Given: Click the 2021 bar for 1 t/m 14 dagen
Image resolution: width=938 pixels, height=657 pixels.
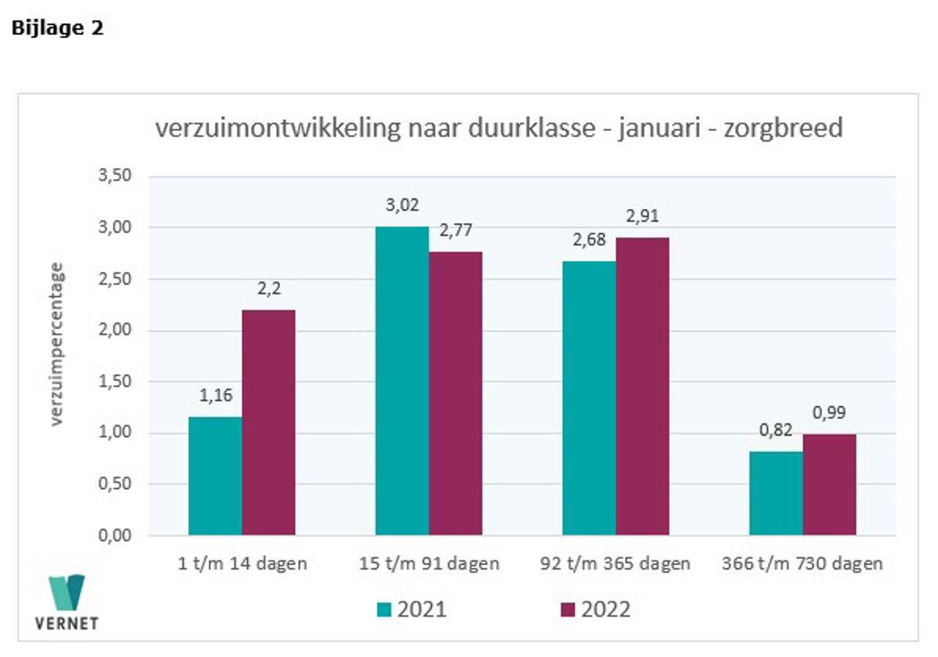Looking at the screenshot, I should tap(215, 476).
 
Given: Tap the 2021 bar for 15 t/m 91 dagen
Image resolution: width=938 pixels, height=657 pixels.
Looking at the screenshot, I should tap(402, 381).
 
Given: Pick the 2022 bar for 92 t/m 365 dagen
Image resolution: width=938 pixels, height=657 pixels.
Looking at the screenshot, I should tap(643, 386).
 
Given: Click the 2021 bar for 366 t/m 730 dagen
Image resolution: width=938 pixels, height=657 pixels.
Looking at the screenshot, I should tap(776, 493).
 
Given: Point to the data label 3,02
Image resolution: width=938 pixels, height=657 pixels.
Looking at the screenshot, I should tap(402, 205).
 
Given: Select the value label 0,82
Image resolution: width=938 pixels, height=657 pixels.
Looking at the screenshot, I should tap(776, 430).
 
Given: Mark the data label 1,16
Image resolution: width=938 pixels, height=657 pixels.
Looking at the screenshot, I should tap(215, 396).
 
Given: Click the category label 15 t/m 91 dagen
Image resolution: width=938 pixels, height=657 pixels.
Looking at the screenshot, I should tap(429, 564).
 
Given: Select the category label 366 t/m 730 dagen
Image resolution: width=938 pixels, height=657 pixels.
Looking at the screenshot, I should tap(803, 564).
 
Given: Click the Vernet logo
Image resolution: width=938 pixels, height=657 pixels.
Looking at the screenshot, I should tap(67, 602).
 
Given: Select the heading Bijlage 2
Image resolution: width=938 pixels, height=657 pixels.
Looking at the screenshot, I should tap(58, 29).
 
